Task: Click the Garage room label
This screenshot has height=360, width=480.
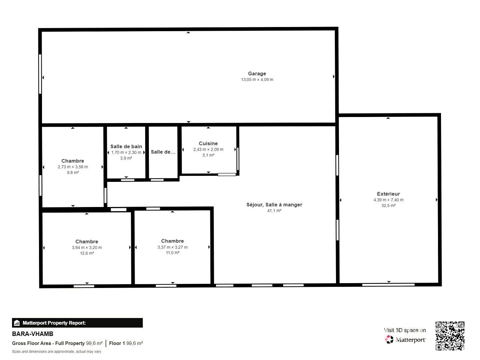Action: [x=257, y=73]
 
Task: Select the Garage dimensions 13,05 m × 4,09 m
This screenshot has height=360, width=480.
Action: [x=257, y=79]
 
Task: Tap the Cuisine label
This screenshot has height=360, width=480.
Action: [x=208, y=143]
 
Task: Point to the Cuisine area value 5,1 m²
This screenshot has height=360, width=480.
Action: [x=208, y=155]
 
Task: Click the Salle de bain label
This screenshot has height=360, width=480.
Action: [x=126, y=147]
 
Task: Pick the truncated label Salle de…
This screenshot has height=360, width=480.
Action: [x=163, y=152]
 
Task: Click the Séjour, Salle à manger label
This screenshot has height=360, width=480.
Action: [x=274, y=205]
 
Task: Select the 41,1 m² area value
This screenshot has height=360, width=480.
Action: [x=274, y=211]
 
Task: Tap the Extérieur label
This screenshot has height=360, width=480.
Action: [x=388, y=194]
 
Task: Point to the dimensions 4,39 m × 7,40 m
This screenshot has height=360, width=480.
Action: [x=388, y=200]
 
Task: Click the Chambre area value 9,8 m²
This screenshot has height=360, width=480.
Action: [x=73, y=172]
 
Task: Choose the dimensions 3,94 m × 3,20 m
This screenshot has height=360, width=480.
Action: [x=87, y=247]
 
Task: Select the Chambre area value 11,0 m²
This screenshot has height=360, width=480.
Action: [x=172, y=253]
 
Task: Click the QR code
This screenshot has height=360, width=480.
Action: [x=450, y=336]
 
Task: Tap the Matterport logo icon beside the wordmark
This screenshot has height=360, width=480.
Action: [x=389, y=339]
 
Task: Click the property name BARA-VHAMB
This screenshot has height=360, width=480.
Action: [x=33, y=334]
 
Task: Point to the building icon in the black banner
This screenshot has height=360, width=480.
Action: [x=16, y=323]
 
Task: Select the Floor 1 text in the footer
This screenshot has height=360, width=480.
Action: [x=117, y=343]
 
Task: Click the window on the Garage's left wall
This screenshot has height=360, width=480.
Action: [x=40, y=74]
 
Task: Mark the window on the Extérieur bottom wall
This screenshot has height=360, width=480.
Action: [x=388, y=285]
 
